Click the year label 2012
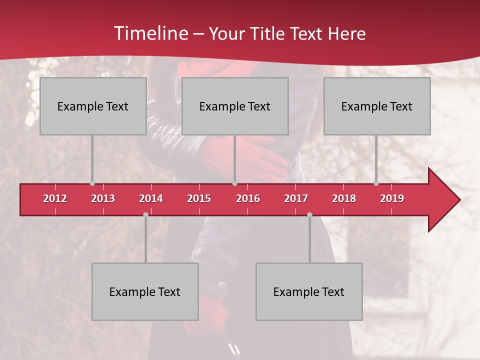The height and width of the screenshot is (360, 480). pyautogui.click(x=55, y=198)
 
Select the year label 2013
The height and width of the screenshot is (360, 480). pyautogui.click(x=103, y=198)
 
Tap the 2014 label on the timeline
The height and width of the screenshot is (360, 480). pyautogui.click(x=151, y=198)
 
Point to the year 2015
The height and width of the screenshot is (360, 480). pyautogui.click(x=199, y=198)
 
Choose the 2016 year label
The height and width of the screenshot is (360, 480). pyautogui.click(x=248, y=198)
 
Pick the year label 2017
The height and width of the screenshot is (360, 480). pyautogui.click(x=296, y=198)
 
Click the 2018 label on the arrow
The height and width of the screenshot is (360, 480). pyautogui.click(x=344, y=198)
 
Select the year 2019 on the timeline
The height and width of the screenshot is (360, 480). pyautogui.click(x=392, y=198)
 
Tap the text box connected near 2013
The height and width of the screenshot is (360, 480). pyautogui.click(x=93, y=106)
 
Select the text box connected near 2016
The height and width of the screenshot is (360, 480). pyautogui.click(x=235, y=106)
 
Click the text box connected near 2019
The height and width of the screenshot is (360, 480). pyautogui.click(x=377, y=106)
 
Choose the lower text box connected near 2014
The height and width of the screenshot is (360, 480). pyautogui.click(x=145, y=292)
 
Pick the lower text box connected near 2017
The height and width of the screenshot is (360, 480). pyautogui.click(x=309, y=292)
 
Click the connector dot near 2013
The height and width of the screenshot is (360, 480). pyautogui.click(x=92, y=183)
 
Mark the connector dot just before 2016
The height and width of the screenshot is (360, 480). pyautogui.click(x=234, y=183)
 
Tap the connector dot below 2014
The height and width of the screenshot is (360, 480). pyautogui.click(x=145, y=214)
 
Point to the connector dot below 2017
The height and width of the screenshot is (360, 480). pyautogui.click(x=309, y=214)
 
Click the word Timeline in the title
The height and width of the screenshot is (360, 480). pyautogui.click(x=150, y=33)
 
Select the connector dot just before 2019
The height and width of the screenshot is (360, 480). pyautogui.click(x=376, y=183)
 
